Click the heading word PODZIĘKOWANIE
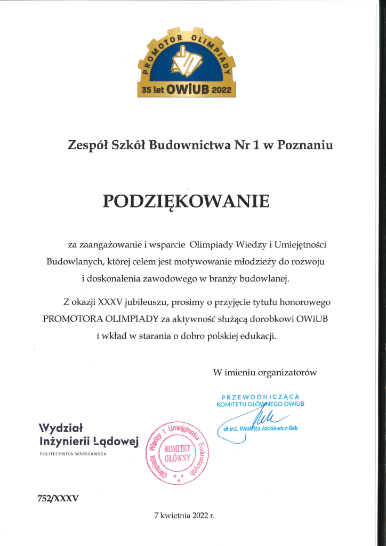pyautogui.click(x=186, y=201)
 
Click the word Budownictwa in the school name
pyautogui.click(x=186, y=144)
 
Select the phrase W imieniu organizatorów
pyautogui.click(x=265, y=372)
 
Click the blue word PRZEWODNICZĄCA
pyautogui.click(x=260, y=397)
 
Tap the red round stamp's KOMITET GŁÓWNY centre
pyautogui.click(x=177, y=453)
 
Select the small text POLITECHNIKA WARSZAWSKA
pyautogui.click(x=73, y=454)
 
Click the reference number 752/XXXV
pyautogui.click(x=59, y=499)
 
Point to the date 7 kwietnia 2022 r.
pyautogui.click(x=184, y=516)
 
